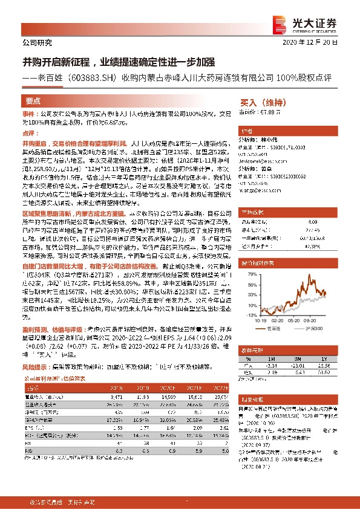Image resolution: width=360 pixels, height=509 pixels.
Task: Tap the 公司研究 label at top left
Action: (x=37, y=44)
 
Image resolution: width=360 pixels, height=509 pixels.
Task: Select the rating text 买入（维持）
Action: (x=263, y=103)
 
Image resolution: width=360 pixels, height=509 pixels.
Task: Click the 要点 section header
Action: (x=33, y=102)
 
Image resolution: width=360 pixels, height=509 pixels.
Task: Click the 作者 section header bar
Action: (x=246, y=131)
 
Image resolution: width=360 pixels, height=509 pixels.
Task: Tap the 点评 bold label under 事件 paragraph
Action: (x=30, y=132)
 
